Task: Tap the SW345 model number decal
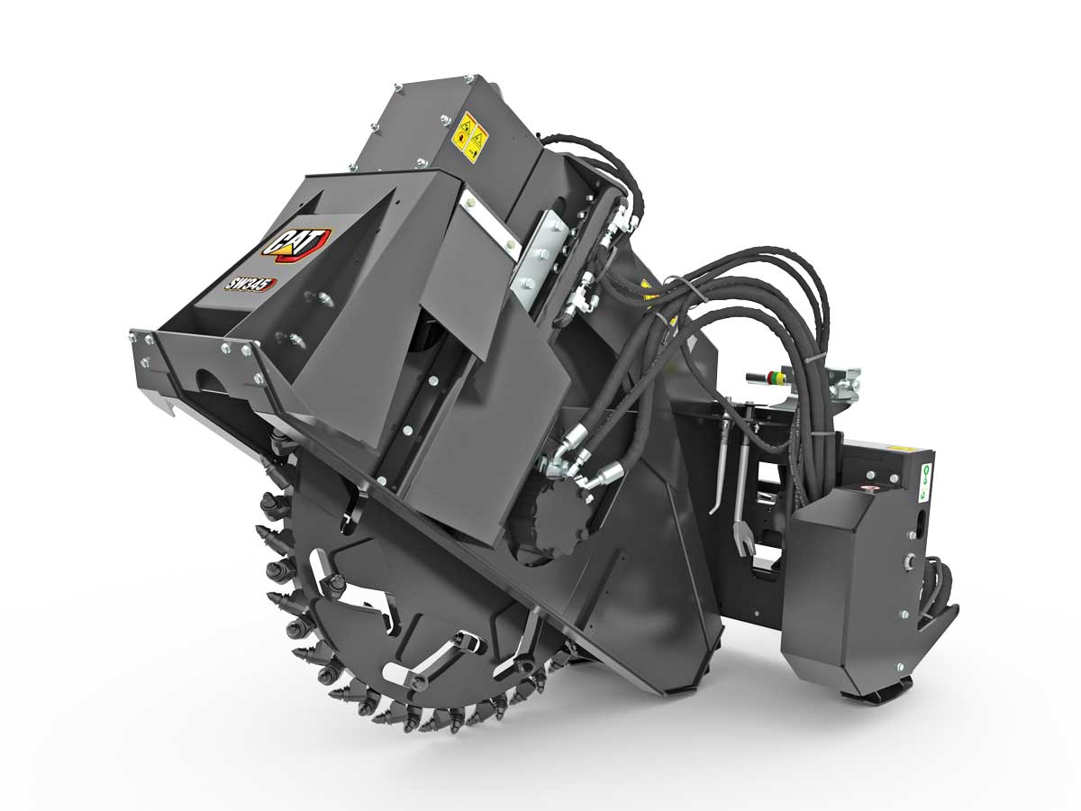coord(250,285)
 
